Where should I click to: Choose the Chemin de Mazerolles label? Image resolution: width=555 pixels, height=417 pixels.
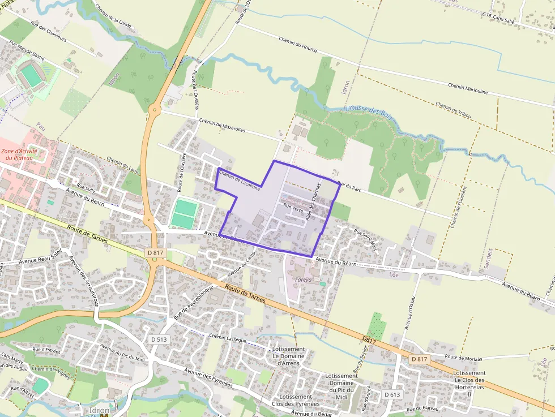click(x=222, y=125)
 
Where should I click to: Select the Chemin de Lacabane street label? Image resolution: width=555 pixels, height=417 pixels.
click(x=239, y=179)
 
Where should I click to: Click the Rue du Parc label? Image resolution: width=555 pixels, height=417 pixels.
click(x=349, y=186)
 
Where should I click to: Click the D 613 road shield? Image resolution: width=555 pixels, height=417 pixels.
click(x=392, y=394)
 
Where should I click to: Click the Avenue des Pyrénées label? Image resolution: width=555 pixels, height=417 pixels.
click(x=208, y=378)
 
